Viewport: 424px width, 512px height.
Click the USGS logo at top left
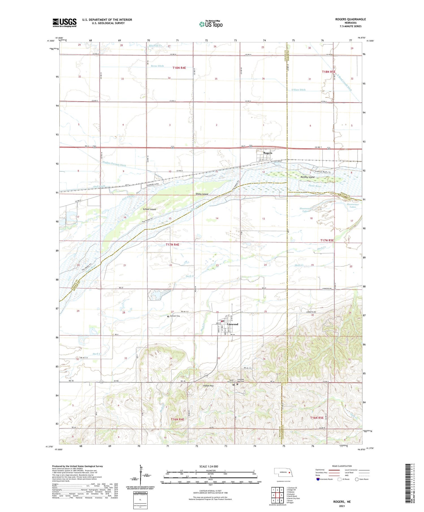pos(64,23)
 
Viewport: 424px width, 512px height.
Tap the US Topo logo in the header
pos(211,24)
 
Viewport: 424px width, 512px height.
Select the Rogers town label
pos(267,153)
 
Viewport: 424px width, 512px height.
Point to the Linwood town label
pos(233,324)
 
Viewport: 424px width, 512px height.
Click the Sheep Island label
pos(202,194)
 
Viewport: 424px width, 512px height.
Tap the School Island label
pos(149,209)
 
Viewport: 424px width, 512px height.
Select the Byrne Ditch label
pos(157,66)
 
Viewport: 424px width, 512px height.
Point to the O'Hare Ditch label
pos(298,90)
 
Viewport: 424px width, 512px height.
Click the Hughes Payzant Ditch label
pos(114,164)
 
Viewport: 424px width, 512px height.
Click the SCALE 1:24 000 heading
pos(209,466)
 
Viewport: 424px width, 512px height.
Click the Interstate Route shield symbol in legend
pos(318,479)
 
